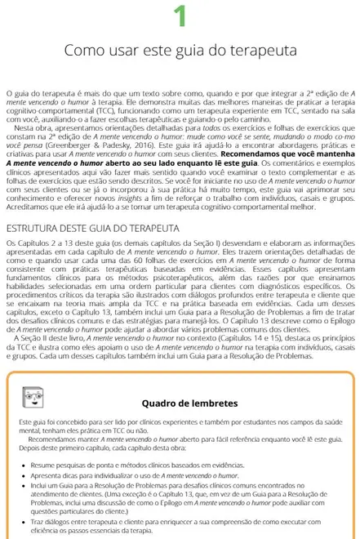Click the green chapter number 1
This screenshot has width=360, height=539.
coord(180,16)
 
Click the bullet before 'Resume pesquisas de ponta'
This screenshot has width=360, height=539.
coord(21,463)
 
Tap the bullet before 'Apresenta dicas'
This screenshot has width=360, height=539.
coord(21,474)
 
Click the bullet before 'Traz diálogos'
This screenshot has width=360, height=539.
coord(21,519)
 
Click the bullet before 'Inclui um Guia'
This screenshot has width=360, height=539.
coord(21,485)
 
